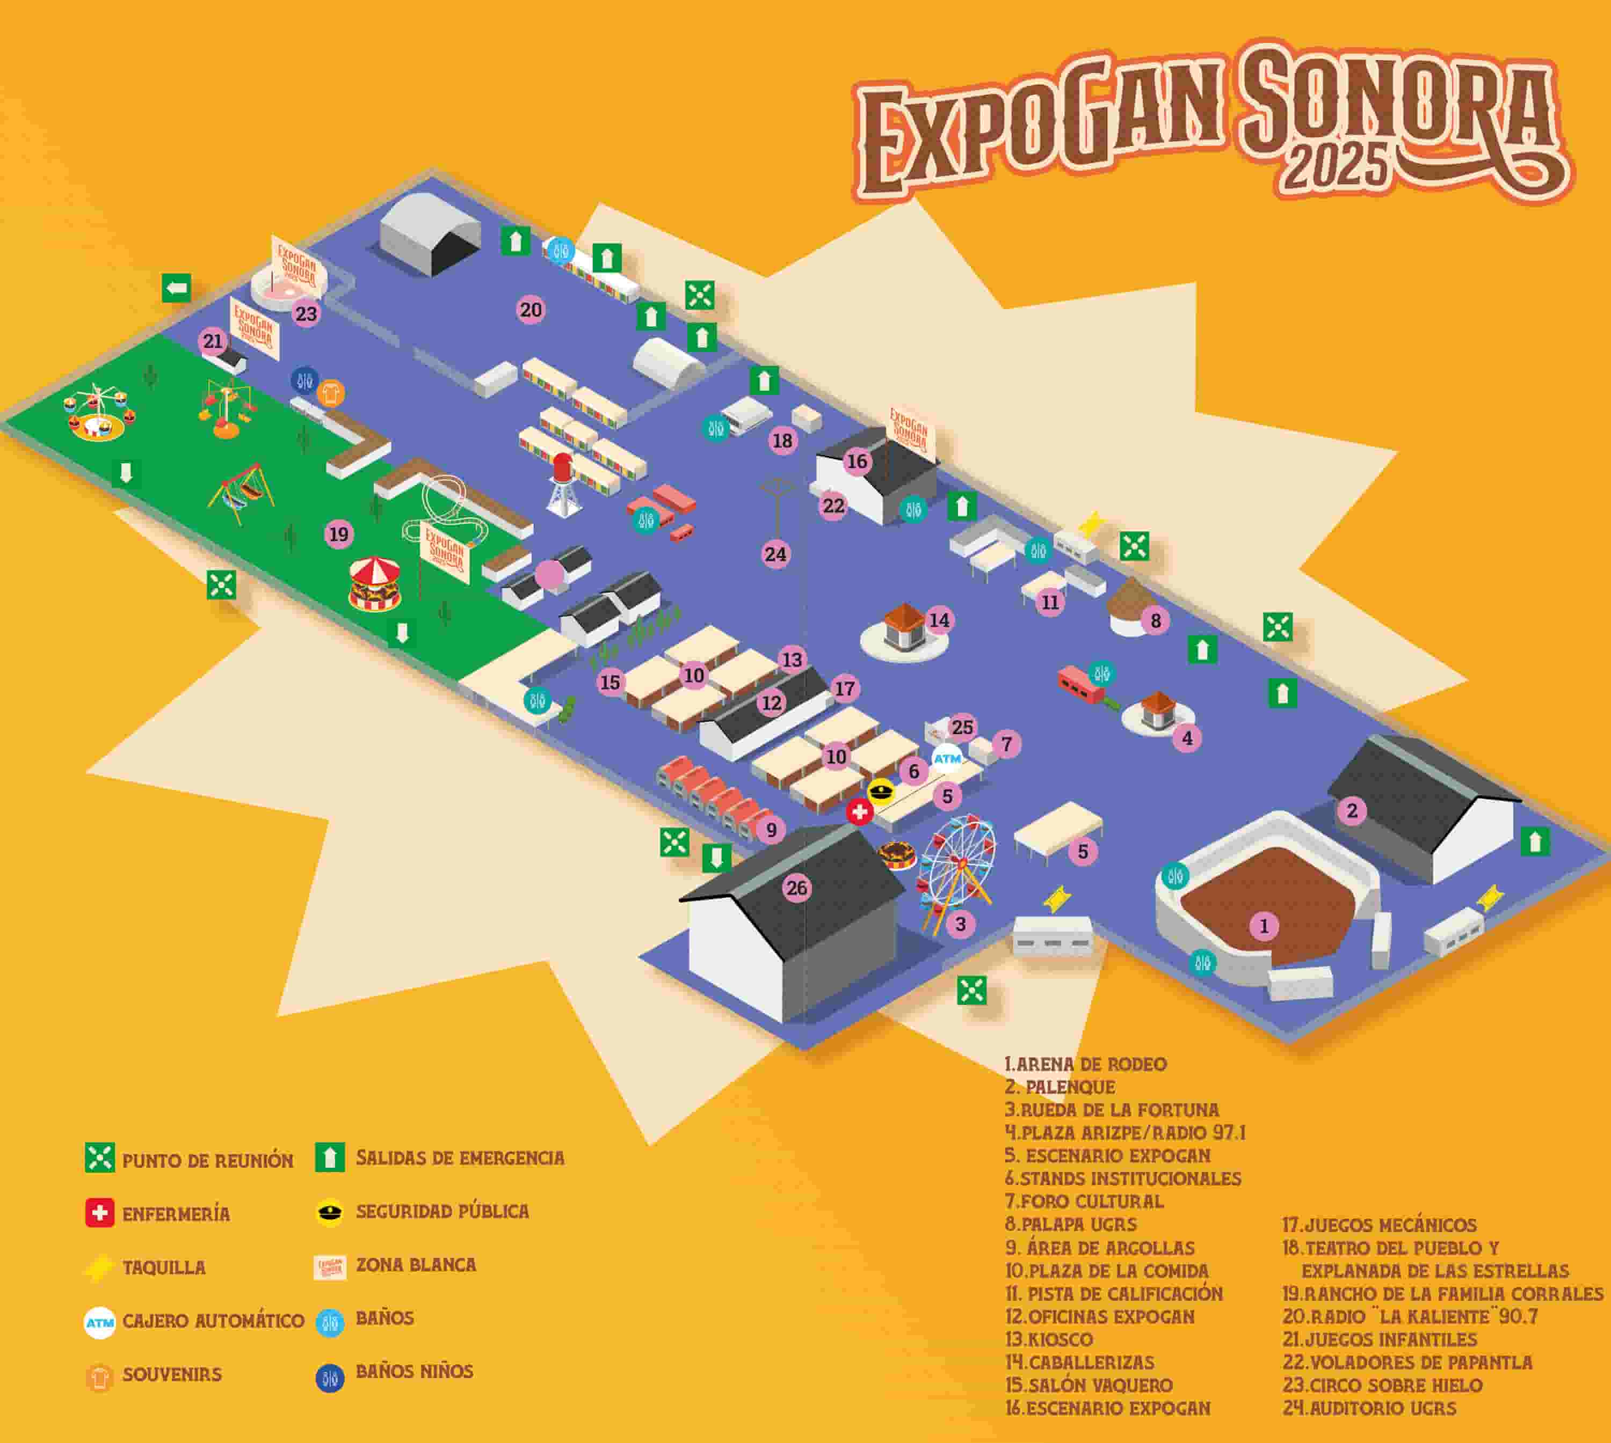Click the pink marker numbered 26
796,888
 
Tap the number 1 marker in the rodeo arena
1264,925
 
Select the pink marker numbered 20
531,309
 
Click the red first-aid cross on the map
859,811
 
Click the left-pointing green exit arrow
176,287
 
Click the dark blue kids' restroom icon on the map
304,380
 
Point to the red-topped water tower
562,485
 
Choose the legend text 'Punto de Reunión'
208,1161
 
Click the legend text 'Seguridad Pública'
442,1212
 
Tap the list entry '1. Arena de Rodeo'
1085,1064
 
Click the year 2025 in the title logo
1337,168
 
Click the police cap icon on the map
881,790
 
